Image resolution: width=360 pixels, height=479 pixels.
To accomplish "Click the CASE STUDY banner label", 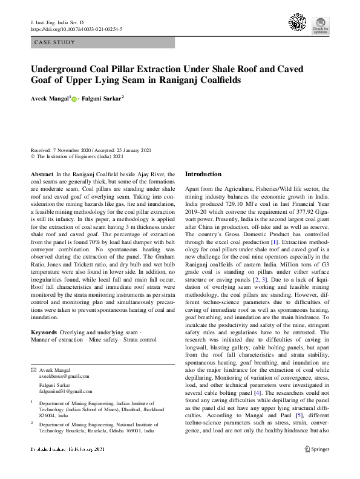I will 55,43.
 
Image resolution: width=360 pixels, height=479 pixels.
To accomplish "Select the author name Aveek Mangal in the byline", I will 50,97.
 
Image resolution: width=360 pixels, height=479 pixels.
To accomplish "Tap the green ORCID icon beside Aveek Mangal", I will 74,98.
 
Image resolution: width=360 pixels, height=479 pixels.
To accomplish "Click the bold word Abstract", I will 41,174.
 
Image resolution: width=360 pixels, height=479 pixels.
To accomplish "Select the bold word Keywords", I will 44,333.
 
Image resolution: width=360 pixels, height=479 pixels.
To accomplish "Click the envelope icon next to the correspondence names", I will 33,369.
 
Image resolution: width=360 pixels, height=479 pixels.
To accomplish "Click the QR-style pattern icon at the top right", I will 297,22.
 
